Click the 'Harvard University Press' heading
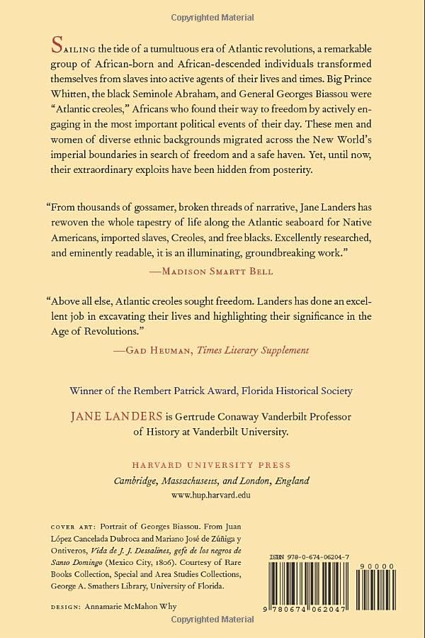(x=212, y=465)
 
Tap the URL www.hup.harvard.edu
(x=212, y=496)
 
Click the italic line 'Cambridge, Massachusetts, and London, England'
(x=212, y=481)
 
